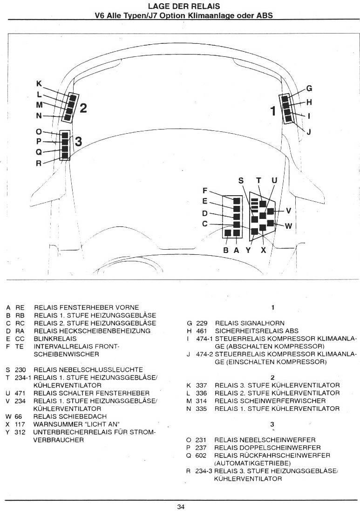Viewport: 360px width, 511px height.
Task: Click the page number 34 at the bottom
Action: click(181, 507)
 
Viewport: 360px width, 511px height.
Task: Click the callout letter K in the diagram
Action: click(39, 84)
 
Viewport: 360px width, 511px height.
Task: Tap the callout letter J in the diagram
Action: click(309, 132)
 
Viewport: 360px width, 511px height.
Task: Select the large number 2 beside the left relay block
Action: click(83, 108)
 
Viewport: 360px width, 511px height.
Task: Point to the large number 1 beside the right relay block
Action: click(273, 111)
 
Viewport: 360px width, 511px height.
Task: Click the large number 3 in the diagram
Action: click(78, 142)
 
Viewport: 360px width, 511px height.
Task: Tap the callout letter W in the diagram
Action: click(288, 226)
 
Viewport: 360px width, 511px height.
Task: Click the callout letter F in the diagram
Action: click(205, 191)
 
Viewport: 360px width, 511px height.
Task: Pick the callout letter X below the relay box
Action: click(264, 250)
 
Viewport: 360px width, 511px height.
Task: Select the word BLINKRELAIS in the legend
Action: click(55, 339)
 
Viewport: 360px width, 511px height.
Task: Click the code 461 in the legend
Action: click(201, 331)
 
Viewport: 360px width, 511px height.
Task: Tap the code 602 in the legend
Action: click(201, 455)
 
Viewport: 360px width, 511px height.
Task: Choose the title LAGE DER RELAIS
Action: click(184, 6)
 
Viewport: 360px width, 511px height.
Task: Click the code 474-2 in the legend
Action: click(204, 354)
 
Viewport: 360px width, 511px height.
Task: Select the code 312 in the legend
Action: click(20, 432)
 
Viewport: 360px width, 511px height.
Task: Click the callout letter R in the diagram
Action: click(39, 164)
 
